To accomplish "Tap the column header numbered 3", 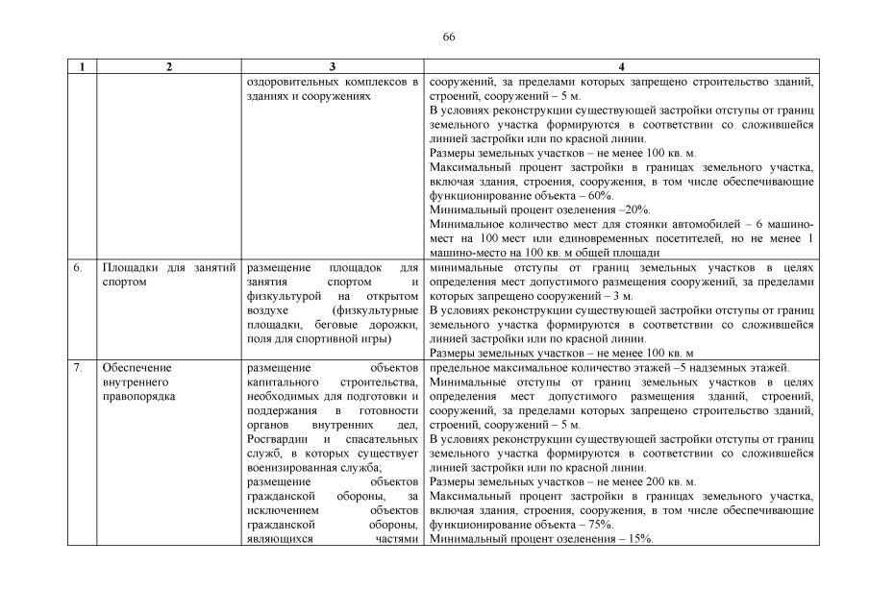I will pyautogui.click(x=332, y=67).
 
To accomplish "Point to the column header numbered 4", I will pyautogui.click(x=622, y=67).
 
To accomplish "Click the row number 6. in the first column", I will pyautogui.click(x=78, y=269).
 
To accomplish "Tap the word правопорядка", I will pyautogui.click(x=138, y=396).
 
